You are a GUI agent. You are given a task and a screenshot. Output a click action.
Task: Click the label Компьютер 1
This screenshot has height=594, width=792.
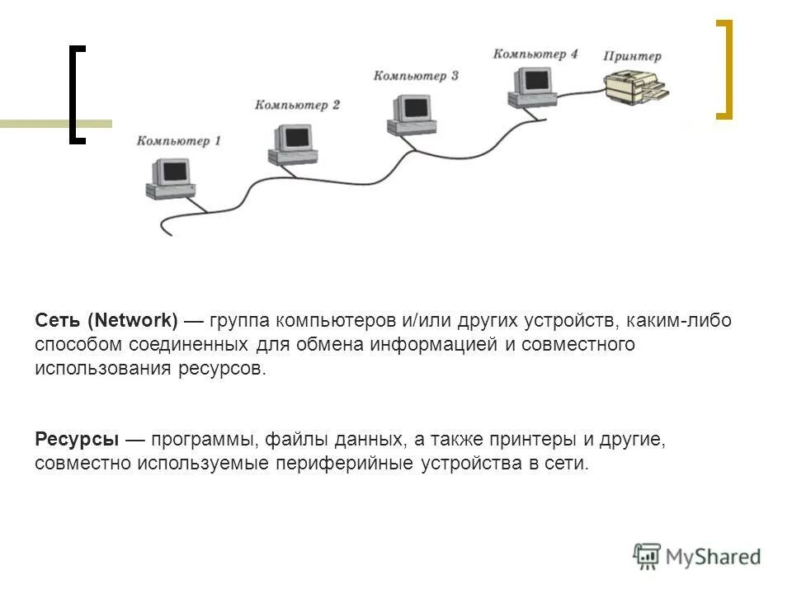[x=179, y=141]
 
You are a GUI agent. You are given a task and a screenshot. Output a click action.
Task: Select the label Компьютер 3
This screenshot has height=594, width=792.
[x=416, y=76]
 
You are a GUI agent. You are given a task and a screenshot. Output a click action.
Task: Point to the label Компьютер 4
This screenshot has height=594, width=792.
[x=535, y=54]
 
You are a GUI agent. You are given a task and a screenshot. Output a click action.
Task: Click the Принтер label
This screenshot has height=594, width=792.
[x=632, y=56]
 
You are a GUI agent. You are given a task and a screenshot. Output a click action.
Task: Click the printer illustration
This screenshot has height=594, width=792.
[x=636, y=86]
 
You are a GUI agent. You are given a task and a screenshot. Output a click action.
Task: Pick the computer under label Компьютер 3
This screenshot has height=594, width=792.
[x=409, y=114]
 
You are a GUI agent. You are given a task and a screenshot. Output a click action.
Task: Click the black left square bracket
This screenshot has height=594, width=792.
[x=77, y=95]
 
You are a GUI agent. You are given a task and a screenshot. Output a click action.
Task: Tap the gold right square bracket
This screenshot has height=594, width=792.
[x=724, y=69]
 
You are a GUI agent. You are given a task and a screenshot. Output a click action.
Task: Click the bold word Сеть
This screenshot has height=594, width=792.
[x=58, y=320]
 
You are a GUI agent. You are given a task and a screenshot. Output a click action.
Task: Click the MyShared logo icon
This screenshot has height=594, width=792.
[x=648, y=556]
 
